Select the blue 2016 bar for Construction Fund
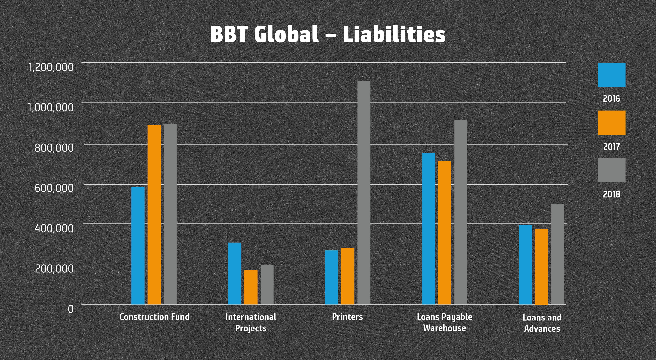138,246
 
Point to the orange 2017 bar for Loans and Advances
541,266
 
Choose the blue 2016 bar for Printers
332,277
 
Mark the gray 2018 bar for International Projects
267,284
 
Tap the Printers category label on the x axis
347,317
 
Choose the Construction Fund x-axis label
154,317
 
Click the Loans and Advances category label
542,323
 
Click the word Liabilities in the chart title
394,34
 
